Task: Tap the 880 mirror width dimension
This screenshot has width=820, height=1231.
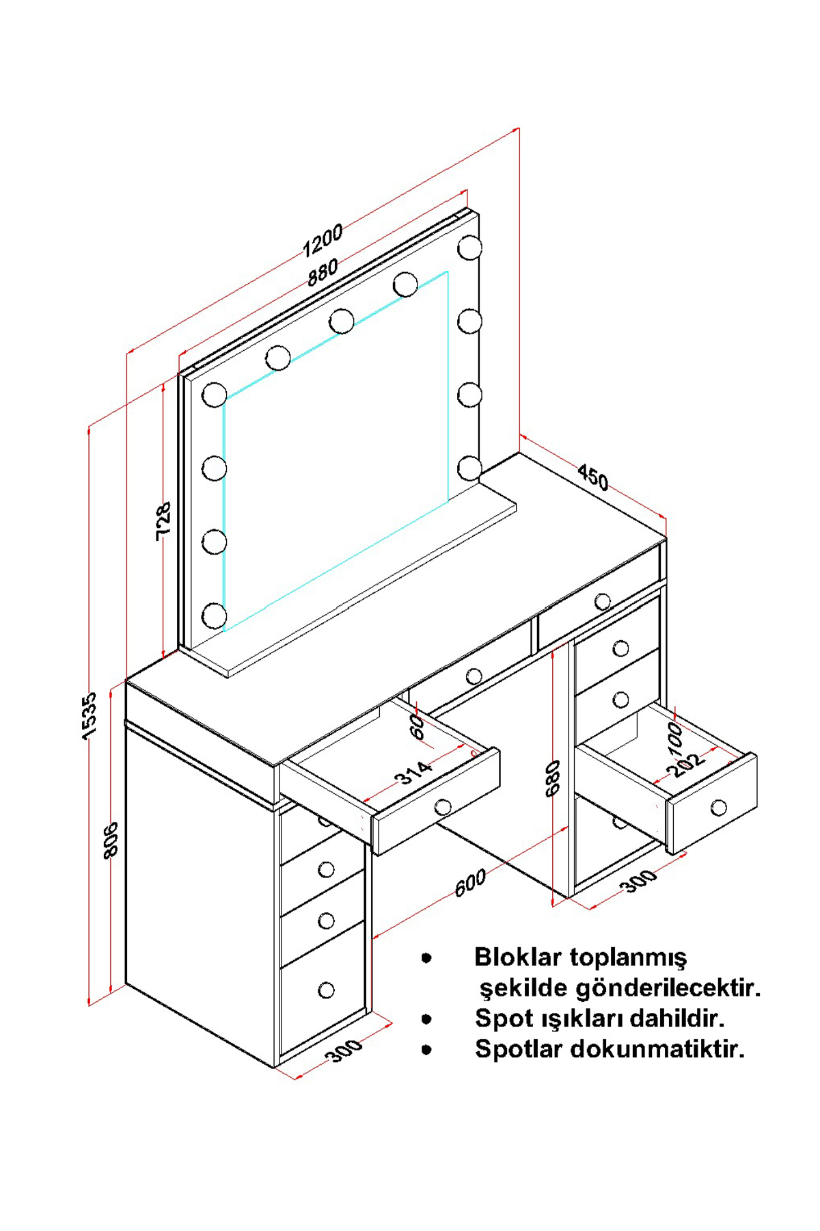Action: coord(323,272)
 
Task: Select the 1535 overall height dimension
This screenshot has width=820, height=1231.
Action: coord(90,715)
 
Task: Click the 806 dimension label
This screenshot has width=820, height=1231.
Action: coord(111,838)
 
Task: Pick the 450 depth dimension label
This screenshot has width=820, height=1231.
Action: coord(592,477)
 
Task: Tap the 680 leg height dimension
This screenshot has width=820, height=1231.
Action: coord(553,778)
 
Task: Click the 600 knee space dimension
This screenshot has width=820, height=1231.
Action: coord(471,883)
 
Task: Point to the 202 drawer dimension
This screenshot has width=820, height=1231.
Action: coord(685,765)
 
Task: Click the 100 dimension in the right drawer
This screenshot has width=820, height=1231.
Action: coord(675,739)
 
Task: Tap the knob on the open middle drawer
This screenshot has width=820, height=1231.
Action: coord(443,807)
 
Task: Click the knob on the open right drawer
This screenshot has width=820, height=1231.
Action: coord(719,808)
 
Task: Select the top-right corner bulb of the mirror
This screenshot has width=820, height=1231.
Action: coord(469,248)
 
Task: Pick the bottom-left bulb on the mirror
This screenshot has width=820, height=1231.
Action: coord(215,615)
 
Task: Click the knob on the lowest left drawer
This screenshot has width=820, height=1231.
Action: coord(327,990)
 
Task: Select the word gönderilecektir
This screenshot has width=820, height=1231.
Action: coord(669,988)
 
